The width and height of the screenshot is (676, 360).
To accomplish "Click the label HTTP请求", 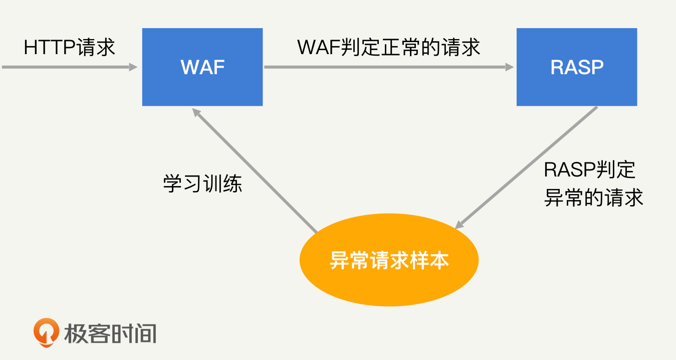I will pyautogui.click(x=69, y=47).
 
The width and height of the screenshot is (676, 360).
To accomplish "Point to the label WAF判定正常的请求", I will pyautogui.click(x=388, y=47).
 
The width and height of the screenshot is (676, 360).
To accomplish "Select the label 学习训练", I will pyautogui.click(x=202, y=184).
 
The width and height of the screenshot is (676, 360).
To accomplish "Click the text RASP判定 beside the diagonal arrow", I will pyautogui.click(x=589, y=170).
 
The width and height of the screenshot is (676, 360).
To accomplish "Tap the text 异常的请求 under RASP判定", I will pyautogui.click(x=593, y=198).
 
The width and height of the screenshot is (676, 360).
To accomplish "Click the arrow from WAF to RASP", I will pyautogui.click(x=388, y=67).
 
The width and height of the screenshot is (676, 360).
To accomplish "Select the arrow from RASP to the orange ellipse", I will pyautogui.click(x=526, y=167).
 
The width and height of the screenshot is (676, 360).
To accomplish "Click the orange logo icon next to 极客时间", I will pyautogui.click(x=46, y=332).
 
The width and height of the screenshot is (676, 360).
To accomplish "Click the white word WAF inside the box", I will pyautogui.click(x=202, y=67).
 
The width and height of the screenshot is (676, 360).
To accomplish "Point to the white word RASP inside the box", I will pyautogui.click(x=576, y=67).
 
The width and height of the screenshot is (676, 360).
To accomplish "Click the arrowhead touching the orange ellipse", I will pyautogui.click(x=460, y=225).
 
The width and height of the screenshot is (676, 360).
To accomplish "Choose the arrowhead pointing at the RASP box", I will pyautogui.click(x=510, y=67).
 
